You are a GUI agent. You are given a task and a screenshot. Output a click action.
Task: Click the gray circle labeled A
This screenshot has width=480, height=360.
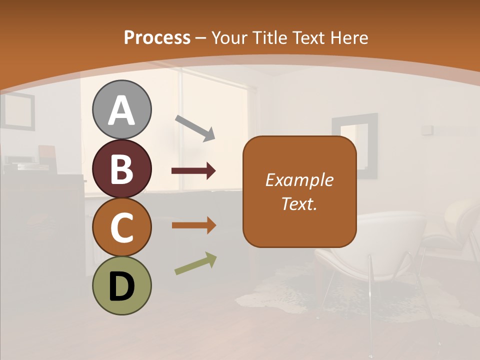point(121,109)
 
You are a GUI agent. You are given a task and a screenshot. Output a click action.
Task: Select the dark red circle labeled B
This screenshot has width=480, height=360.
point(121,168)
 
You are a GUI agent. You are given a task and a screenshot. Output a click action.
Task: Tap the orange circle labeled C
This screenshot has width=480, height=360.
point(121,227)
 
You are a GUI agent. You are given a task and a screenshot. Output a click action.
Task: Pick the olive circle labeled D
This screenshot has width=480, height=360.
point(121,285)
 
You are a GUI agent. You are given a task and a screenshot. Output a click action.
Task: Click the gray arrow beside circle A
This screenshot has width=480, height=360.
point(195,127)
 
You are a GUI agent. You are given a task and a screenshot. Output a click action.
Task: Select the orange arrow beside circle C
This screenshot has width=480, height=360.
point(193,225)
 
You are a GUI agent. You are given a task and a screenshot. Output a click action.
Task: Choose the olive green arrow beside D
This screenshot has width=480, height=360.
point(195,263)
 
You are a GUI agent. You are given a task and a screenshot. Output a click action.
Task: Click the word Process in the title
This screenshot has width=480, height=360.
point(157,37)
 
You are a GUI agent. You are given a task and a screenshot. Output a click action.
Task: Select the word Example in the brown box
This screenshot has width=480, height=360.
point(299,180)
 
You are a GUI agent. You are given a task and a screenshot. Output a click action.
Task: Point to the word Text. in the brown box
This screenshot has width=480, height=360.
point(299,203)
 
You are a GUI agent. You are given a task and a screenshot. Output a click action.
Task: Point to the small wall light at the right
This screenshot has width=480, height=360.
point(426,129)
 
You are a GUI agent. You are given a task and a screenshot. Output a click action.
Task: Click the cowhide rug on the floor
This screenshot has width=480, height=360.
point(280,295)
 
